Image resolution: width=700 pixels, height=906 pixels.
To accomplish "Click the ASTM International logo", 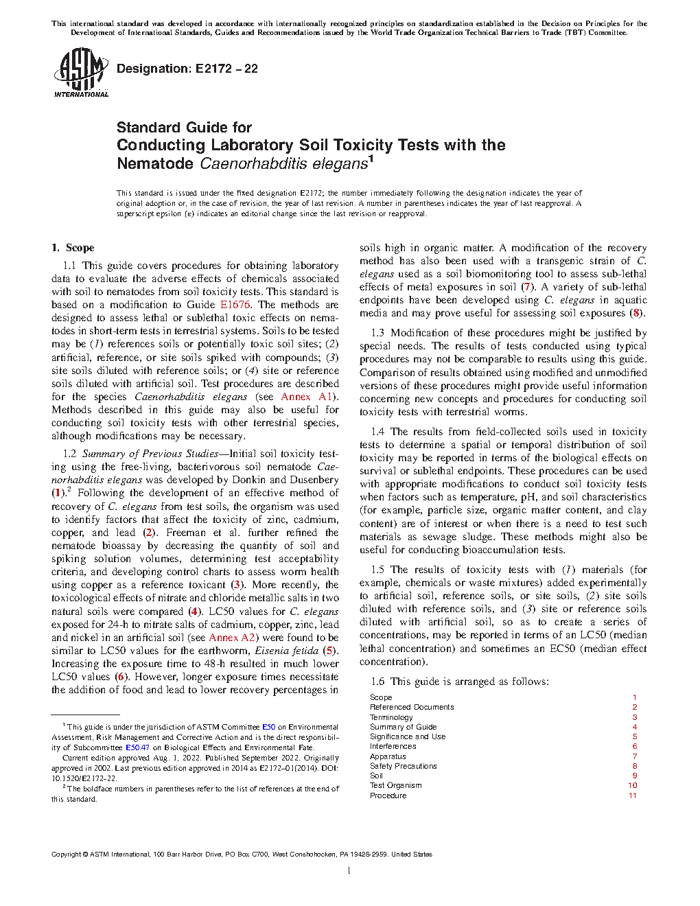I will point(81,72).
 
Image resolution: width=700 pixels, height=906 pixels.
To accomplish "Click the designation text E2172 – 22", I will point(187,69).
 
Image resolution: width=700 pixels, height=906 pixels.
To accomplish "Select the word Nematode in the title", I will point(155,163).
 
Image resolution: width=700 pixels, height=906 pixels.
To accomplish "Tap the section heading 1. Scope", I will point(73,248).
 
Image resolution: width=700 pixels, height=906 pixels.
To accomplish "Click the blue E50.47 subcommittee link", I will point(137,747).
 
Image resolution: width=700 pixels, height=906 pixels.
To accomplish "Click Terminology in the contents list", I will point(391,717).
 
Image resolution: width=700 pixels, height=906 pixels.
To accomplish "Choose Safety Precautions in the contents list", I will point(403,766).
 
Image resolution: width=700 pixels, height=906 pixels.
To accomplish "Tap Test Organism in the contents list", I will point(395,785).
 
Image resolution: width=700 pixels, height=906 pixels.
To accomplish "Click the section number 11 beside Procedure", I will point(632,795).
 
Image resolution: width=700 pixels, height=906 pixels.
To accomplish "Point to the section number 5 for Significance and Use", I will point(635,736).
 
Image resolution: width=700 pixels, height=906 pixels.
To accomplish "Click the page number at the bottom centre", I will point(349,871).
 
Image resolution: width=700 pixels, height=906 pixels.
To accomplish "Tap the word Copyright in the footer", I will point(66,855).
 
